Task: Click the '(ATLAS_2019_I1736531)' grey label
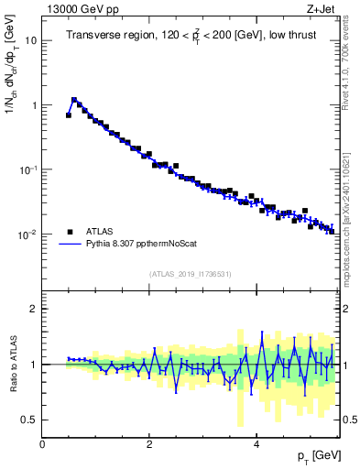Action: (x=190, y=274)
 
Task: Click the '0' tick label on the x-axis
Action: (x=43, y=442)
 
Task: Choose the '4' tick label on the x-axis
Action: (x=257, y=442)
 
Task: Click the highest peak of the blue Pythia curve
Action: (x=74, y=100)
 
